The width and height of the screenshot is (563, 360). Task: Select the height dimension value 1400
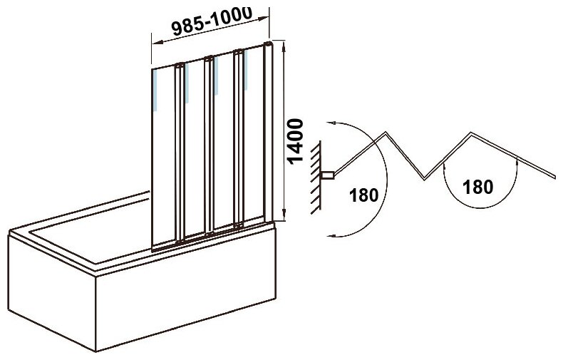coord(298,143)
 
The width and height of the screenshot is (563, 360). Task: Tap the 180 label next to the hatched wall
coord(362,194)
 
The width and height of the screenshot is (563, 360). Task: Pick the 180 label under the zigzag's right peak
coord(477,187)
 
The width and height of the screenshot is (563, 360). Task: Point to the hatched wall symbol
coord(316,175)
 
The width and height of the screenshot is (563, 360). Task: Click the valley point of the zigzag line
coord(425,179)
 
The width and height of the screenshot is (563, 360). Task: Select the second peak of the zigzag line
coord(471,133)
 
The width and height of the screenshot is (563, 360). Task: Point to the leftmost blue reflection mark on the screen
coord(154,89)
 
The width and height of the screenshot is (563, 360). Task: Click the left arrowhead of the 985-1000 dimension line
coord(150,41)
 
